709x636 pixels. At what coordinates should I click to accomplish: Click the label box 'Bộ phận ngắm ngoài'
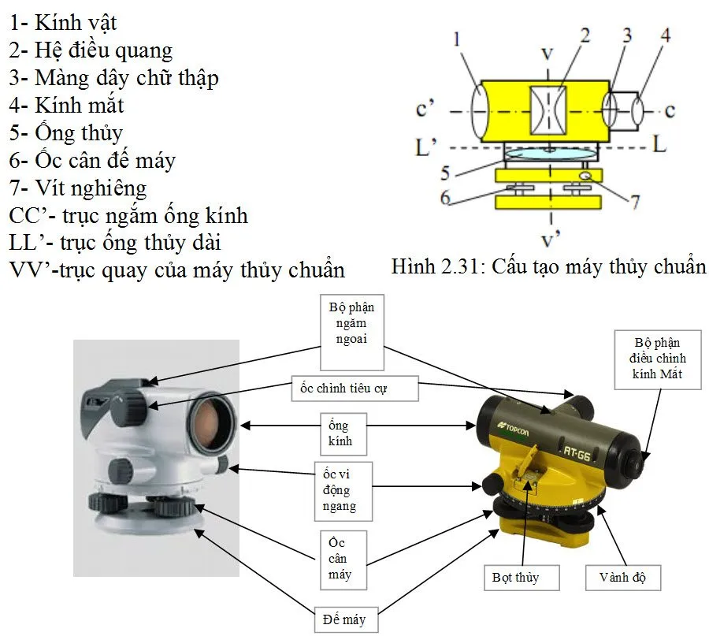[352, 332]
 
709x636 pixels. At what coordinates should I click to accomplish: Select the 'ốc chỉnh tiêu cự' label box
[354, 389]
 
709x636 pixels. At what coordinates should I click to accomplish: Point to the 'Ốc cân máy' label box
[340, 558]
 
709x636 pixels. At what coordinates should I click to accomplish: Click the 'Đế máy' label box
[339, 619]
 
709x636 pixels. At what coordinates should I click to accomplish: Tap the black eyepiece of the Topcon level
[634, 461]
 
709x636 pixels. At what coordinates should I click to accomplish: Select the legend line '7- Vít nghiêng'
[78, 188]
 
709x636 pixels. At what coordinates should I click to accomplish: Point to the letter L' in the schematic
[428, 147]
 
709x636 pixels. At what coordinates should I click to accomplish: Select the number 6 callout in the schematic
[446, 197]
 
